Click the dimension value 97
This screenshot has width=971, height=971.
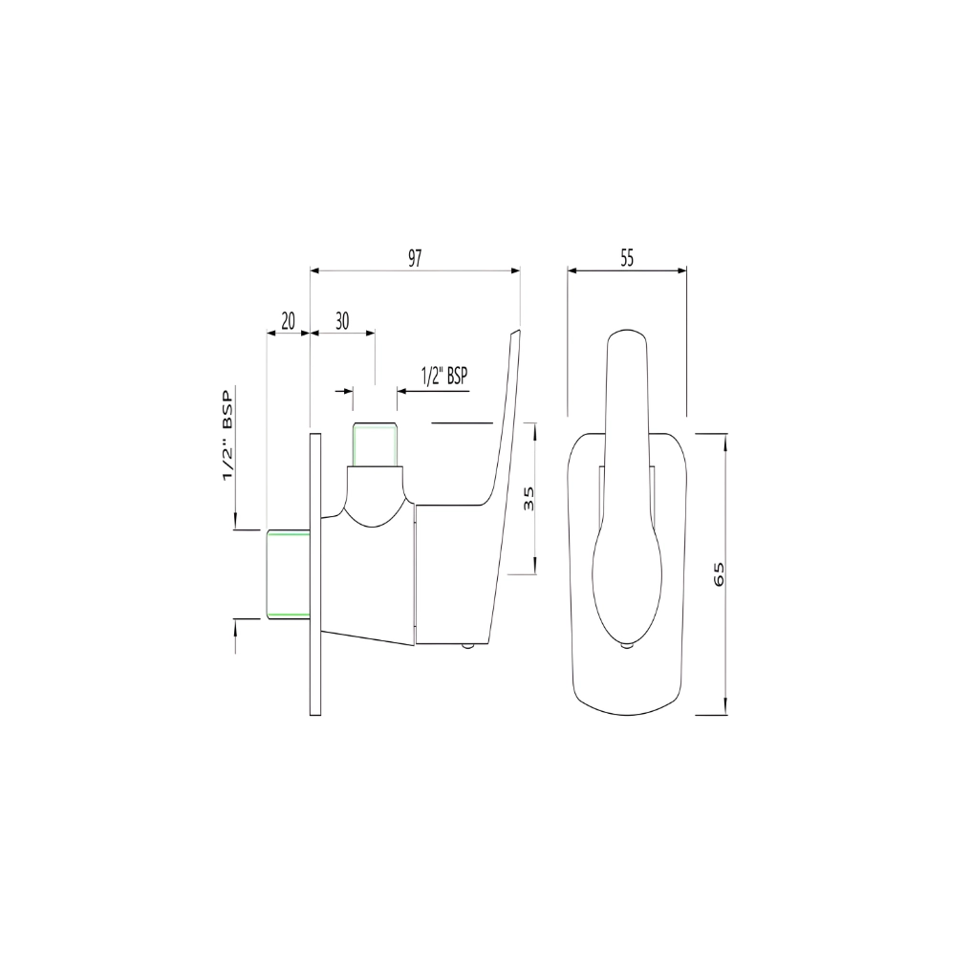click(x=414, y=259)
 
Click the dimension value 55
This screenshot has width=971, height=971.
click(x=627, y=258)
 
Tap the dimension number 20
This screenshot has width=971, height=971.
click(x=288, y=321)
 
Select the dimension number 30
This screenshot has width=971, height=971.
click(x=342, y=321)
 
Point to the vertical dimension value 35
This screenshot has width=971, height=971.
click(x=529, y=499)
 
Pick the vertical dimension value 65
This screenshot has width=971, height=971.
click(x=719, y=574)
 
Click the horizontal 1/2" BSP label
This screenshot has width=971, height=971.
click(x=444, y=376)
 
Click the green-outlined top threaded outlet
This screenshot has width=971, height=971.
click(x=374, y=444)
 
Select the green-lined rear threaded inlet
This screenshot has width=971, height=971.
click(x=289, y=574)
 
